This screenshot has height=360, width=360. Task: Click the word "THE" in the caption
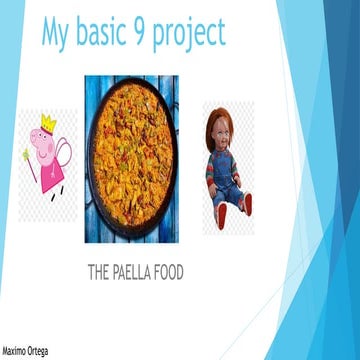(x=103, y=272)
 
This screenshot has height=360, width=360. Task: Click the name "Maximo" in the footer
(x=16, y=352)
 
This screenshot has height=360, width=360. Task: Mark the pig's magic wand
(x=29, y=160)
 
